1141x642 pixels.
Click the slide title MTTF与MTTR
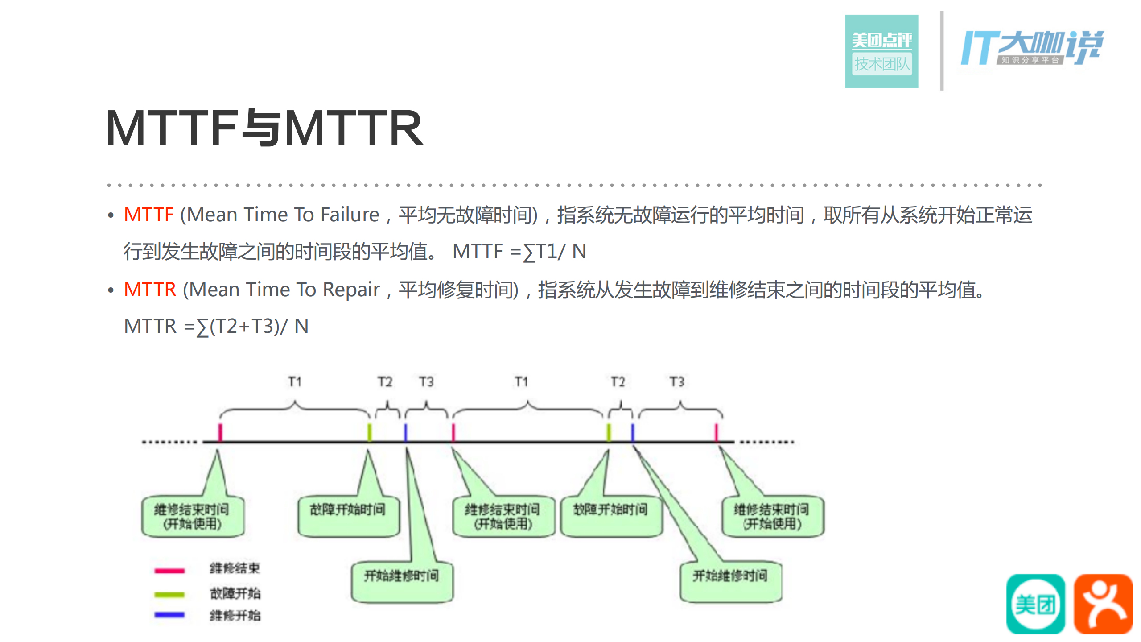tap(264, 128)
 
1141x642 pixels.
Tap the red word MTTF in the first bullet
tap(148, 215)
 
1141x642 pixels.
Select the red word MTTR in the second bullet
tap(150, 290)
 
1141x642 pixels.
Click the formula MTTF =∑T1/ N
tap(519, 251)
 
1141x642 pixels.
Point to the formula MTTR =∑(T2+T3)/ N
tap(216, 326)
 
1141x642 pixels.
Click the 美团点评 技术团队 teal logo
tap(881, 51)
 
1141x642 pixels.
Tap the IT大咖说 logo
tap(1032, 47)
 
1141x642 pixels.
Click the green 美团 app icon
tap(1035, 604)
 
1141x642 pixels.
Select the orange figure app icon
tap(1103, 604)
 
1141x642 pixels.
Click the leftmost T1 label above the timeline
tap(295, 382)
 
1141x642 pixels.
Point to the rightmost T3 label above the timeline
tap(676, 382)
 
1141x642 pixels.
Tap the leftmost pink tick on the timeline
tap(220, 432)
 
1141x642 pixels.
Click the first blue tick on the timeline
tap(405, 432)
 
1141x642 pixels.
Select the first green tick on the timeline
tap(369, 432)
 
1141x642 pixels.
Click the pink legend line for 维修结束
tap(169, 570)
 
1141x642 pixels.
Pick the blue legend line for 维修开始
tap(169, 615)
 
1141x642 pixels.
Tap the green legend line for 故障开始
tap(169, 594)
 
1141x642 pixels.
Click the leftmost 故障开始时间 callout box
tap(348, 515)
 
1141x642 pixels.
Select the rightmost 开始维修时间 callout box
tap(730, 581)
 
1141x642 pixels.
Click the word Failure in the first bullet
tap(350, 215)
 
